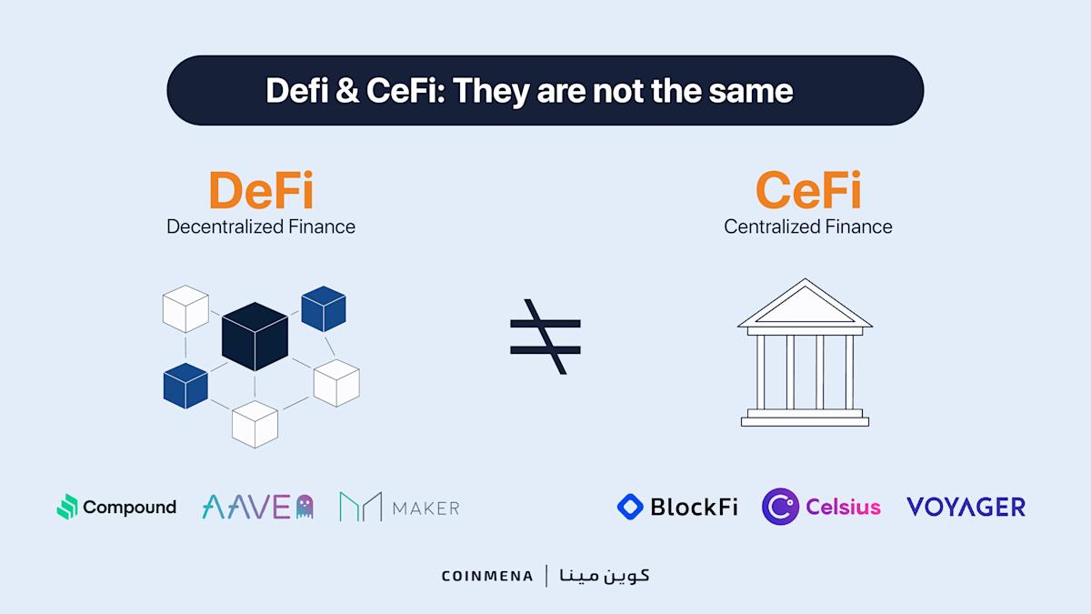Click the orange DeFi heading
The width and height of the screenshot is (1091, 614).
[261, 191]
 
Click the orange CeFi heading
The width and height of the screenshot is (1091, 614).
[808, 191]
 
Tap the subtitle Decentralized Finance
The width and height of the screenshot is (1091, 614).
[261, 226]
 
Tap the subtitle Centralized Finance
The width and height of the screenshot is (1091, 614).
[808, 226]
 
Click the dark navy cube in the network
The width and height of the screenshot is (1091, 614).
[255, 336]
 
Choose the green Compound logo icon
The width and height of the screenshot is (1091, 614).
[67, 507]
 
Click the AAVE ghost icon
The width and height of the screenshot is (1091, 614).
[305, 507]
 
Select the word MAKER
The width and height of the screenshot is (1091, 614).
[425, 508]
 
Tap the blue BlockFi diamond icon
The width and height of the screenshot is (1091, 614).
[630, 507]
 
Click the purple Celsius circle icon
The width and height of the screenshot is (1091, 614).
[780, 507]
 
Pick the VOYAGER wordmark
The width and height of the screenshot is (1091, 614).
[966, 507]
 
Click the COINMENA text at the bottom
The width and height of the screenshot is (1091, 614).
[487, 576]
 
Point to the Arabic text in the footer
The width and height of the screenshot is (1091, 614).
[605, 575]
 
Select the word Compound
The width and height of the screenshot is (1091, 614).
[129, 507]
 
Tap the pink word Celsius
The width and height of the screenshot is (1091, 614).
[843, 507]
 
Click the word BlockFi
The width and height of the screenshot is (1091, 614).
[694, 507]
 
